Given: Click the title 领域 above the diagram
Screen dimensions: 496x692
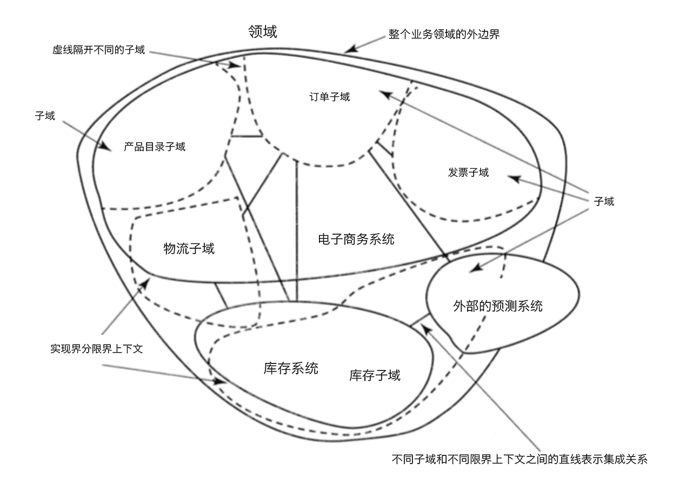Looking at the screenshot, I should pyautogui.click(x=262, y=32).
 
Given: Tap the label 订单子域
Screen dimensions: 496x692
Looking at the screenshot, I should pyautogui.click(x=329, y=97).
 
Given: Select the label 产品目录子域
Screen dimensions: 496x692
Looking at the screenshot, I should pyautogui.click(x=155, y=147).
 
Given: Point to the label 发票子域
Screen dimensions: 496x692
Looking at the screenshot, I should pyautogui.click(x=468, y=173).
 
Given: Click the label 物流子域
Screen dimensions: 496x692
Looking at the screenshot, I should pyautogui.click(x=189, y=249).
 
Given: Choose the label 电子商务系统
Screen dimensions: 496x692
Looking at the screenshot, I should pyautogui.click(x=356, y=239).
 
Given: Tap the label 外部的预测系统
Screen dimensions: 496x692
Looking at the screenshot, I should pyautogui.click(x=498, y=306).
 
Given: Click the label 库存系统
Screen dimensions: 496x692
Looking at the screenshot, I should pyautogui.click(x=291, y=368).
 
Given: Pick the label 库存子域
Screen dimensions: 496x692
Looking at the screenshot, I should pyautogui.click(x=375, y=375).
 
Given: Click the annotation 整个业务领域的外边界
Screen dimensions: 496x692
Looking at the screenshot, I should pyautogui.click(x=444, y=34).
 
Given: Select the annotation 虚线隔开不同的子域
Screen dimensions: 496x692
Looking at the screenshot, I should pyautogui.click(x=99, y=50).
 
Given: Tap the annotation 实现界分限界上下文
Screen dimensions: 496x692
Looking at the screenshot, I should pyautogui.click(x=96, y=349).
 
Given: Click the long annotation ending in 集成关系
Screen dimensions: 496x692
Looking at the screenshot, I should pyautogui.click(x=519, y=460).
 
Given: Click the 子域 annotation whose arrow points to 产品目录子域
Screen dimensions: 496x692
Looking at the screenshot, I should pyautogui.click(x=45, y=116).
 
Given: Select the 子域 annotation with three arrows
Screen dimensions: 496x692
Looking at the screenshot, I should pyautogui.click(x=604, y=202).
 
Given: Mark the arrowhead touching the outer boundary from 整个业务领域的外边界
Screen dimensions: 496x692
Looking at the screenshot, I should pyautogui.click(x=350, y=50).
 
